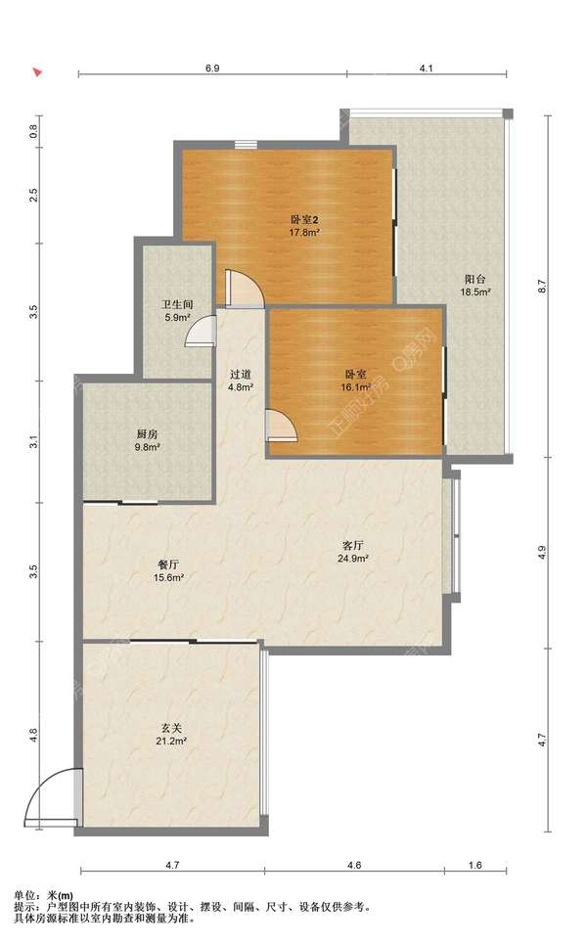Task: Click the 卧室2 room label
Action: pos(304,220)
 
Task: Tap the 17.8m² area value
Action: pos(304,232)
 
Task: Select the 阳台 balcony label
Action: pos(475,279)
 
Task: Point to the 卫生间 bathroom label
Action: pos(177,305)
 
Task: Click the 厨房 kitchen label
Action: pos(147,434)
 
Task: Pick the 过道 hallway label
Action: pos(240,375)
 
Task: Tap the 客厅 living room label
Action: pos(352,546)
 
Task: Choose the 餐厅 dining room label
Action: pos(168,564)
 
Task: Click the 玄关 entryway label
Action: pos(171,728)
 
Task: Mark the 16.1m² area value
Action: pos(355,387)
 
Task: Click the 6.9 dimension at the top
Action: pos(212,68)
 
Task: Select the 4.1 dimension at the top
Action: pos(427,68)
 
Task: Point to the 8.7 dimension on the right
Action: pos(541,287)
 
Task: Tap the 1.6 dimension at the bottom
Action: pos(474,865)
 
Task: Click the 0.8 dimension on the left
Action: pos(33,131)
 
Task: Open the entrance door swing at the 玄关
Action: pos(51,796)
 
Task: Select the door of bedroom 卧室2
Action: pos(245,290)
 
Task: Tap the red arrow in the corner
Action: pos(37,71)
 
